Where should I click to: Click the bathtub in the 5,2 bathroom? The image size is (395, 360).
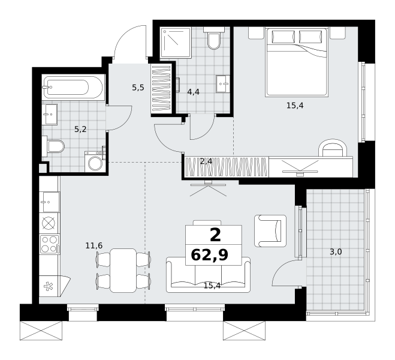point(73,87)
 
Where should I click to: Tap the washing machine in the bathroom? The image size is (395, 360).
point(95,162)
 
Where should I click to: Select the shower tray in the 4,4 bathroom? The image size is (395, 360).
point(175,43)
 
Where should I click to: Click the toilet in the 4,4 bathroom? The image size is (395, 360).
point(213,38)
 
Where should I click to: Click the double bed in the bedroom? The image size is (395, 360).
point(297,62)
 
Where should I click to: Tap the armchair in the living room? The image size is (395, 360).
point(270,230)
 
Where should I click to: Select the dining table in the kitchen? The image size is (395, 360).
point(123,270)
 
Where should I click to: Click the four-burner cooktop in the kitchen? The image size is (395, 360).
point(49,244)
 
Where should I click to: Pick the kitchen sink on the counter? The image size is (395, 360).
point(50,202)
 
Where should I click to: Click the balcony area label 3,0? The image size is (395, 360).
point(336,251)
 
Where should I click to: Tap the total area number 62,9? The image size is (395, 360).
point(210,255)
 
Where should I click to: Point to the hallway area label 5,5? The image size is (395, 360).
point(138,88)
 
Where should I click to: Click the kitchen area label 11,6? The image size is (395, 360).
point(94,245)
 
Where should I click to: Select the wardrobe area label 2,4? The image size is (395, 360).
point(206,161)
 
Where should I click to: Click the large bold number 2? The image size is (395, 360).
point(215,235)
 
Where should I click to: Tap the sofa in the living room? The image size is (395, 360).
point(209,275)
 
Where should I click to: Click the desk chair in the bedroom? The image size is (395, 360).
point(332,148)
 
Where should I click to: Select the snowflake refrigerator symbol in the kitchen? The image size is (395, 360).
point(48,287)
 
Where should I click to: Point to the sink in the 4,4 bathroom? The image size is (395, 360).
point(223,84)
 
